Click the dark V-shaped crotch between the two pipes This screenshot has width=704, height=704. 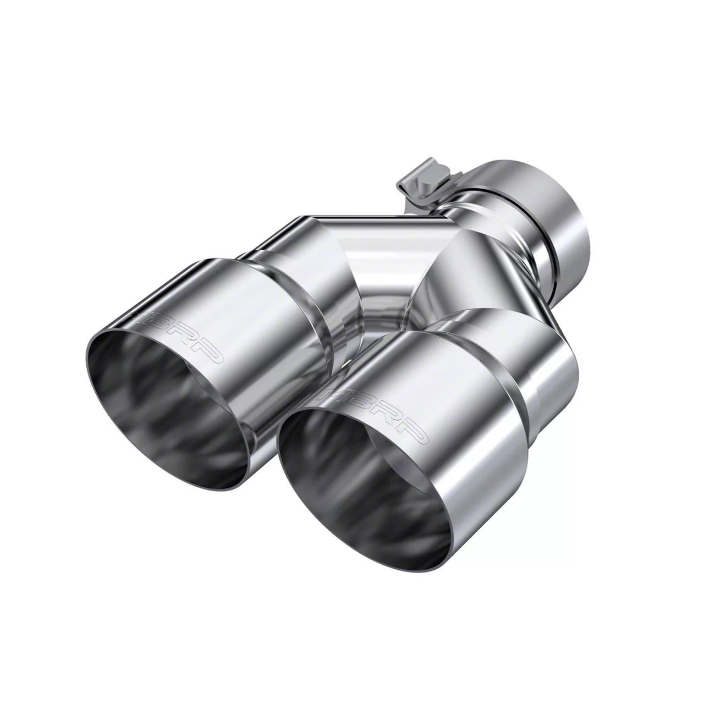click(x=385, y=313)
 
